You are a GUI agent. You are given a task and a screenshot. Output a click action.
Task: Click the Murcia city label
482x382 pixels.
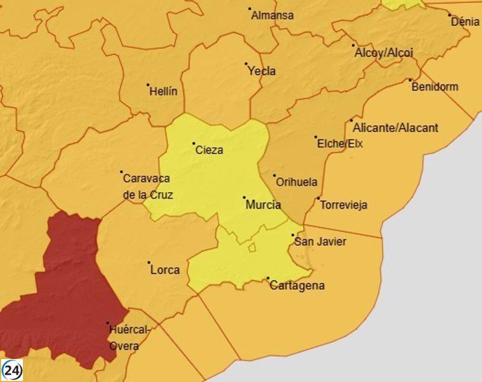tap(263, 205)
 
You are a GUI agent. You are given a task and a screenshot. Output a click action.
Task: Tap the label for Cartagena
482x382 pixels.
tap(297, 286)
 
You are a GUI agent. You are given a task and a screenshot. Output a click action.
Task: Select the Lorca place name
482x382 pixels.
tap(165, 270)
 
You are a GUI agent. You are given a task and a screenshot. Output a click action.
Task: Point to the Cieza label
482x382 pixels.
tap(210, 150)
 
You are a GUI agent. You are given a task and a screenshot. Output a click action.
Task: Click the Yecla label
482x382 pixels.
tap(262, 71)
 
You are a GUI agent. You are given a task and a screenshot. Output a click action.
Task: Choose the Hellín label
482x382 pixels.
tap(164, 92)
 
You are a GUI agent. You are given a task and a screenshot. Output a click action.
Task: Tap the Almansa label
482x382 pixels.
tap(272, 16)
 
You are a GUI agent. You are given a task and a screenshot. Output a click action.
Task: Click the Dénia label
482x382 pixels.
tap(466, 22)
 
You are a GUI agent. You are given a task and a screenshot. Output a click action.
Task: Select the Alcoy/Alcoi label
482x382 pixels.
tap(384, 52)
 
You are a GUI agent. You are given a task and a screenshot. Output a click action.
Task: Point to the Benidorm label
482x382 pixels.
tap(435, 87)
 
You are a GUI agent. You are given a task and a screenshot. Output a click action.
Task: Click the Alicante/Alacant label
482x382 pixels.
tap(396, 128)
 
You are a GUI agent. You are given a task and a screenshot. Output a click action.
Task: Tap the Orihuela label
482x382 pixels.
tap(296, 182)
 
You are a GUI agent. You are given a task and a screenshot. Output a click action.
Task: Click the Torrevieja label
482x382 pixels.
tap(344, 205)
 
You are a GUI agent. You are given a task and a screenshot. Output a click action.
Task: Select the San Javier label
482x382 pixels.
tap(320, 242)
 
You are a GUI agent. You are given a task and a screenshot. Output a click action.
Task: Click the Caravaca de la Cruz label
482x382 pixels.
tap(148, 187)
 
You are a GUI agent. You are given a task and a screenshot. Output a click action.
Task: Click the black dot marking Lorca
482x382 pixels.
tap(149, 263)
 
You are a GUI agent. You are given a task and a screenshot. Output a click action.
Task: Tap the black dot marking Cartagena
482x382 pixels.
tap(268, 278)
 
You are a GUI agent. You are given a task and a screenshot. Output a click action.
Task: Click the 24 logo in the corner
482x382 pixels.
tap(12, 369)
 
